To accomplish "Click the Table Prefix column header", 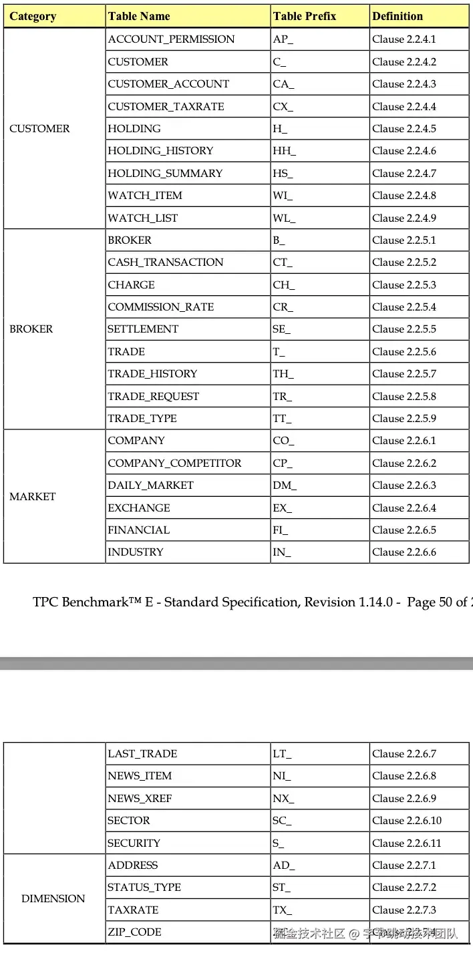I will pyautogui.click(x=304, y=16).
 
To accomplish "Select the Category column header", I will pyautogui.click(x=33, y=16).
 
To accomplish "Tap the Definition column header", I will pyautogui.click(x=398, y=16).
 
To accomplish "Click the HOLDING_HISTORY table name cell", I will pyautogui.click(x=160, y=151).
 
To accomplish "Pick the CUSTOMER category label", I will pyautogui.click(x=39, y=129).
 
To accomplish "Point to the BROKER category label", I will pyautogui.click(x=31, y=329).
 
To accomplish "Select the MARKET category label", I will pyautogui.click(x=33, y=497).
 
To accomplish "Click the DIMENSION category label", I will pyautogui.click(x=53, y=899).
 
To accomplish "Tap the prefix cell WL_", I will pyautogui.click(x=283, y=218).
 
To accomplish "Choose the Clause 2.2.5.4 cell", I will pyautogui.click(x=404, y=307).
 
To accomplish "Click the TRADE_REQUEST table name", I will pyautogui.click(x=154, y=397).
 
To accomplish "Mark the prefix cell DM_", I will pyautogui.click(x=284, y=486).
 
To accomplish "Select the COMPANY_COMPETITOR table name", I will pyautogui.click(x=174, y=463).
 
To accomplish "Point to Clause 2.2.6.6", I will pyautogui.click(x=404, y=552).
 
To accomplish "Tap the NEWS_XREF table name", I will pyautogui.click(x=140, y=799).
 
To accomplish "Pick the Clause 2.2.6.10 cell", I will pyautogui.click(x=407, y=821).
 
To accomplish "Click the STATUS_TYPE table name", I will pyautogui.click(x=144, y=888).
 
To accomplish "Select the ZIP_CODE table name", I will pyautogui.click(x=134, y=932).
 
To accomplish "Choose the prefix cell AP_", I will pyautogui.click(x=283, y=39).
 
